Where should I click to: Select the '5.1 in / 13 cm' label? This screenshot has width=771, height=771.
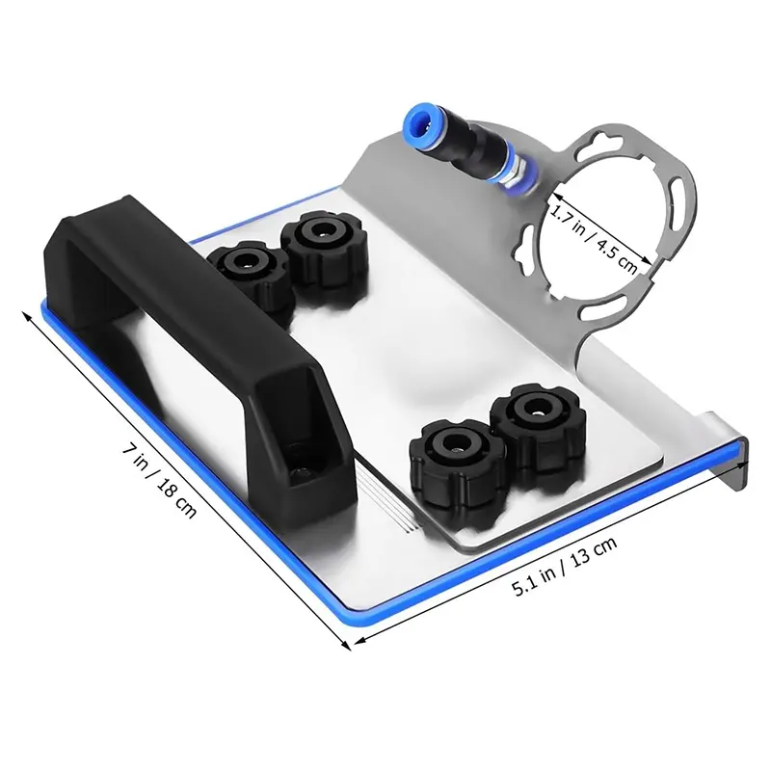(x=565, y=566)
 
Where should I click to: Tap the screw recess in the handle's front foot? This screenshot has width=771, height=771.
(x=302, y=468)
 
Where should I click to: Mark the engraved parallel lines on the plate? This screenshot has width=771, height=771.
(x=388, y=499)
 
